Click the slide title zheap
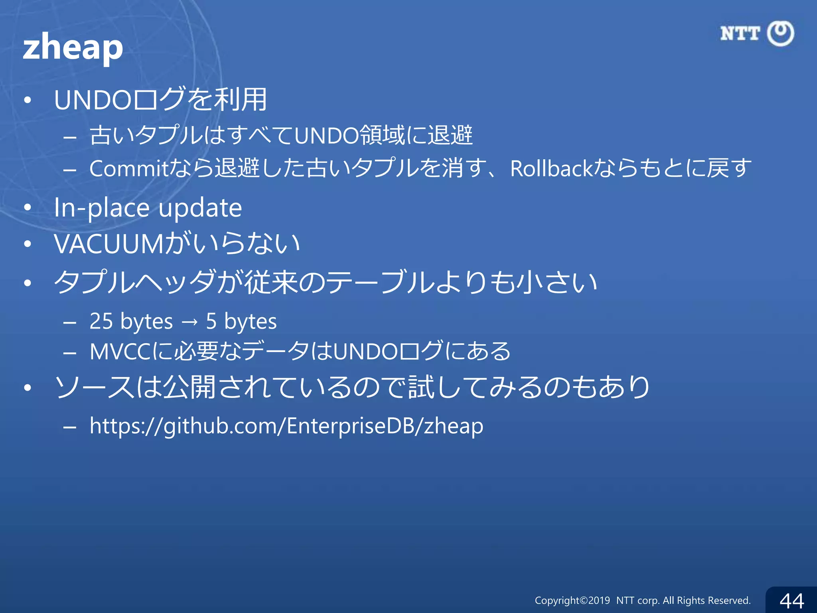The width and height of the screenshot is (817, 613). point(73,47)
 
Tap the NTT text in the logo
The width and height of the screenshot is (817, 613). point(740,34)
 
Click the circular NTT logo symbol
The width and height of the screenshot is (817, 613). point(781,34)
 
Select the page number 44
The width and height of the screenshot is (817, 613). point(792,601)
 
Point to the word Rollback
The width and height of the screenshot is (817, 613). point(552,168)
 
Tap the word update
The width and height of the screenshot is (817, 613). point(200,208)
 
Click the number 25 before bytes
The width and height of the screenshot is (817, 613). point(101,321)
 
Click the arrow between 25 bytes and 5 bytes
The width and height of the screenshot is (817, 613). point(189,322)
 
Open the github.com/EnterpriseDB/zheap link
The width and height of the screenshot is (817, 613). point(286,426)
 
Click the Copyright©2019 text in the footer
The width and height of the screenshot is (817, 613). point(572,601)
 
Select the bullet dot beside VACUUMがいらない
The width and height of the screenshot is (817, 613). point(27,244)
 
